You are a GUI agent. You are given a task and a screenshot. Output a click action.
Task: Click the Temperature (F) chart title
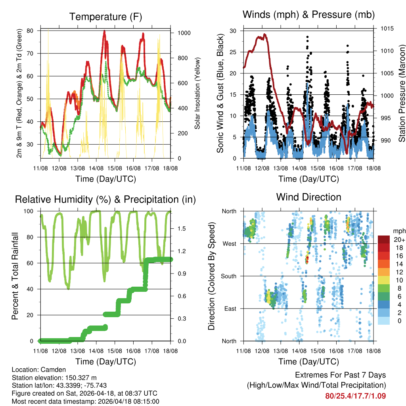[x=105, y=17]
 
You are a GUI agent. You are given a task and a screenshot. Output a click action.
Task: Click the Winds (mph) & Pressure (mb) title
[x=308, y=15]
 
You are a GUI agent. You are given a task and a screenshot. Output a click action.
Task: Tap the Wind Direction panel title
[x=308, y=197]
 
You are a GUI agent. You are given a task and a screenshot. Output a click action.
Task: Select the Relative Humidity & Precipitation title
[x=105, y=199]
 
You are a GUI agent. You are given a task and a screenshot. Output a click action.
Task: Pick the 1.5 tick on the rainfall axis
[x=179, y=229]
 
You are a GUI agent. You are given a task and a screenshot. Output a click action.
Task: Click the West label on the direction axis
[x=229, y=243]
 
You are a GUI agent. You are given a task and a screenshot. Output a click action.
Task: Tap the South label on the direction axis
[x=228, y=276]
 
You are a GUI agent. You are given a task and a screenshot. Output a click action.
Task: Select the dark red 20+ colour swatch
[x=383, y=239]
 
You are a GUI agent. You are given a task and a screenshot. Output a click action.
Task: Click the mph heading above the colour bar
[x=399, y=231]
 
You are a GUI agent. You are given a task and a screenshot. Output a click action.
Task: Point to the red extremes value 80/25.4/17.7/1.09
[x=355, y=396]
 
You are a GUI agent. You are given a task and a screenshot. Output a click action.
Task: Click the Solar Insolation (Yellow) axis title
[x=197, y=93]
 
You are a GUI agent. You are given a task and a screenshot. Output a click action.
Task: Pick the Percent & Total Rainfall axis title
[x=15, y=276]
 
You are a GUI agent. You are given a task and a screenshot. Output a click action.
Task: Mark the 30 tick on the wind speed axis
[x=233, y=31]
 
